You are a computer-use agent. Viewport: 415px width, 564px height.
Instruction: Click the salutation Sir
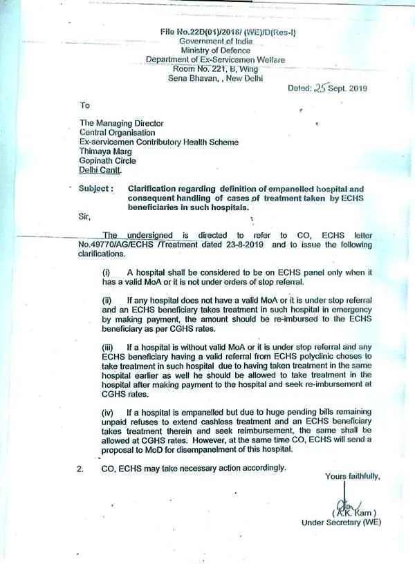pos(84,217)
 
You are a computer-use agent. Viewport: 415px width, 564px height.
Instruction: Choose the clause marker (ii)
pos(107,301)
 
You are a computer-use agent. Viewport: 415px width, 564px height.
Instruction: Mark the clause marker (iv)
pos(109,412)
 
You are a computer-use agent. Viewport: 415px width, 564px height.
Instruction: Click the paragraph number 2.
pos(81,468)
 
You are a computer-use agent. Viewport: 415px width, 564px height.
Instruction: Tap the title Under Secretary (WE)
pos(341,523)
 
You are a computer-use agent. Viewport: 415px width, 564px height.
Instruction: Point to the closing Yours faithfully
pos(353,476)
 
